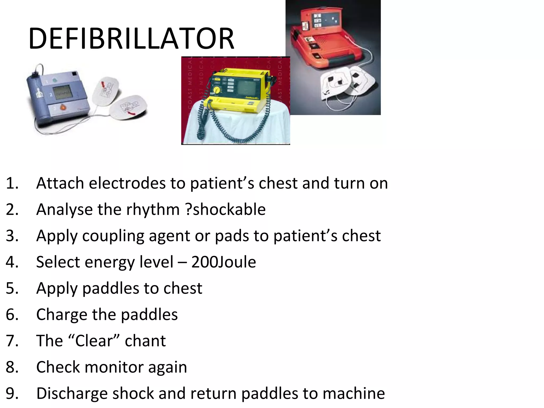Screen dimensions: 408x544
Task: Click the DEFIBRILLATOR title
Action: [x=131, y=39]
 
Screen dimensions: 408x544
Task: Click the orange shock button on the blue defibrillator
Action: [x=62, y=107]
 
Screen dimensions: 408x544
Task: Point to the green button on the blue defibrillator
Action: [x=54, y=79]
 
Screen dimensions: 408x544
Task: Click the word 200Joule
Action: [x=224, y=262]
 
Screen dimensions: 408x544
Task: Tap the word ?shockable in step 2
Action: [x=226, y=209]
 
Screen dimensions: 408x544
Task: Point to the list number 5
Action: [x=12, y=288]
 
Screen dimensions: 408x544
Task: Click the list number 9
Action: [x=12, y=393]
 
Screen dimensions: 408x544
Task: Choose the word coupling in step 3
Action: [x=113, y=236]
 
